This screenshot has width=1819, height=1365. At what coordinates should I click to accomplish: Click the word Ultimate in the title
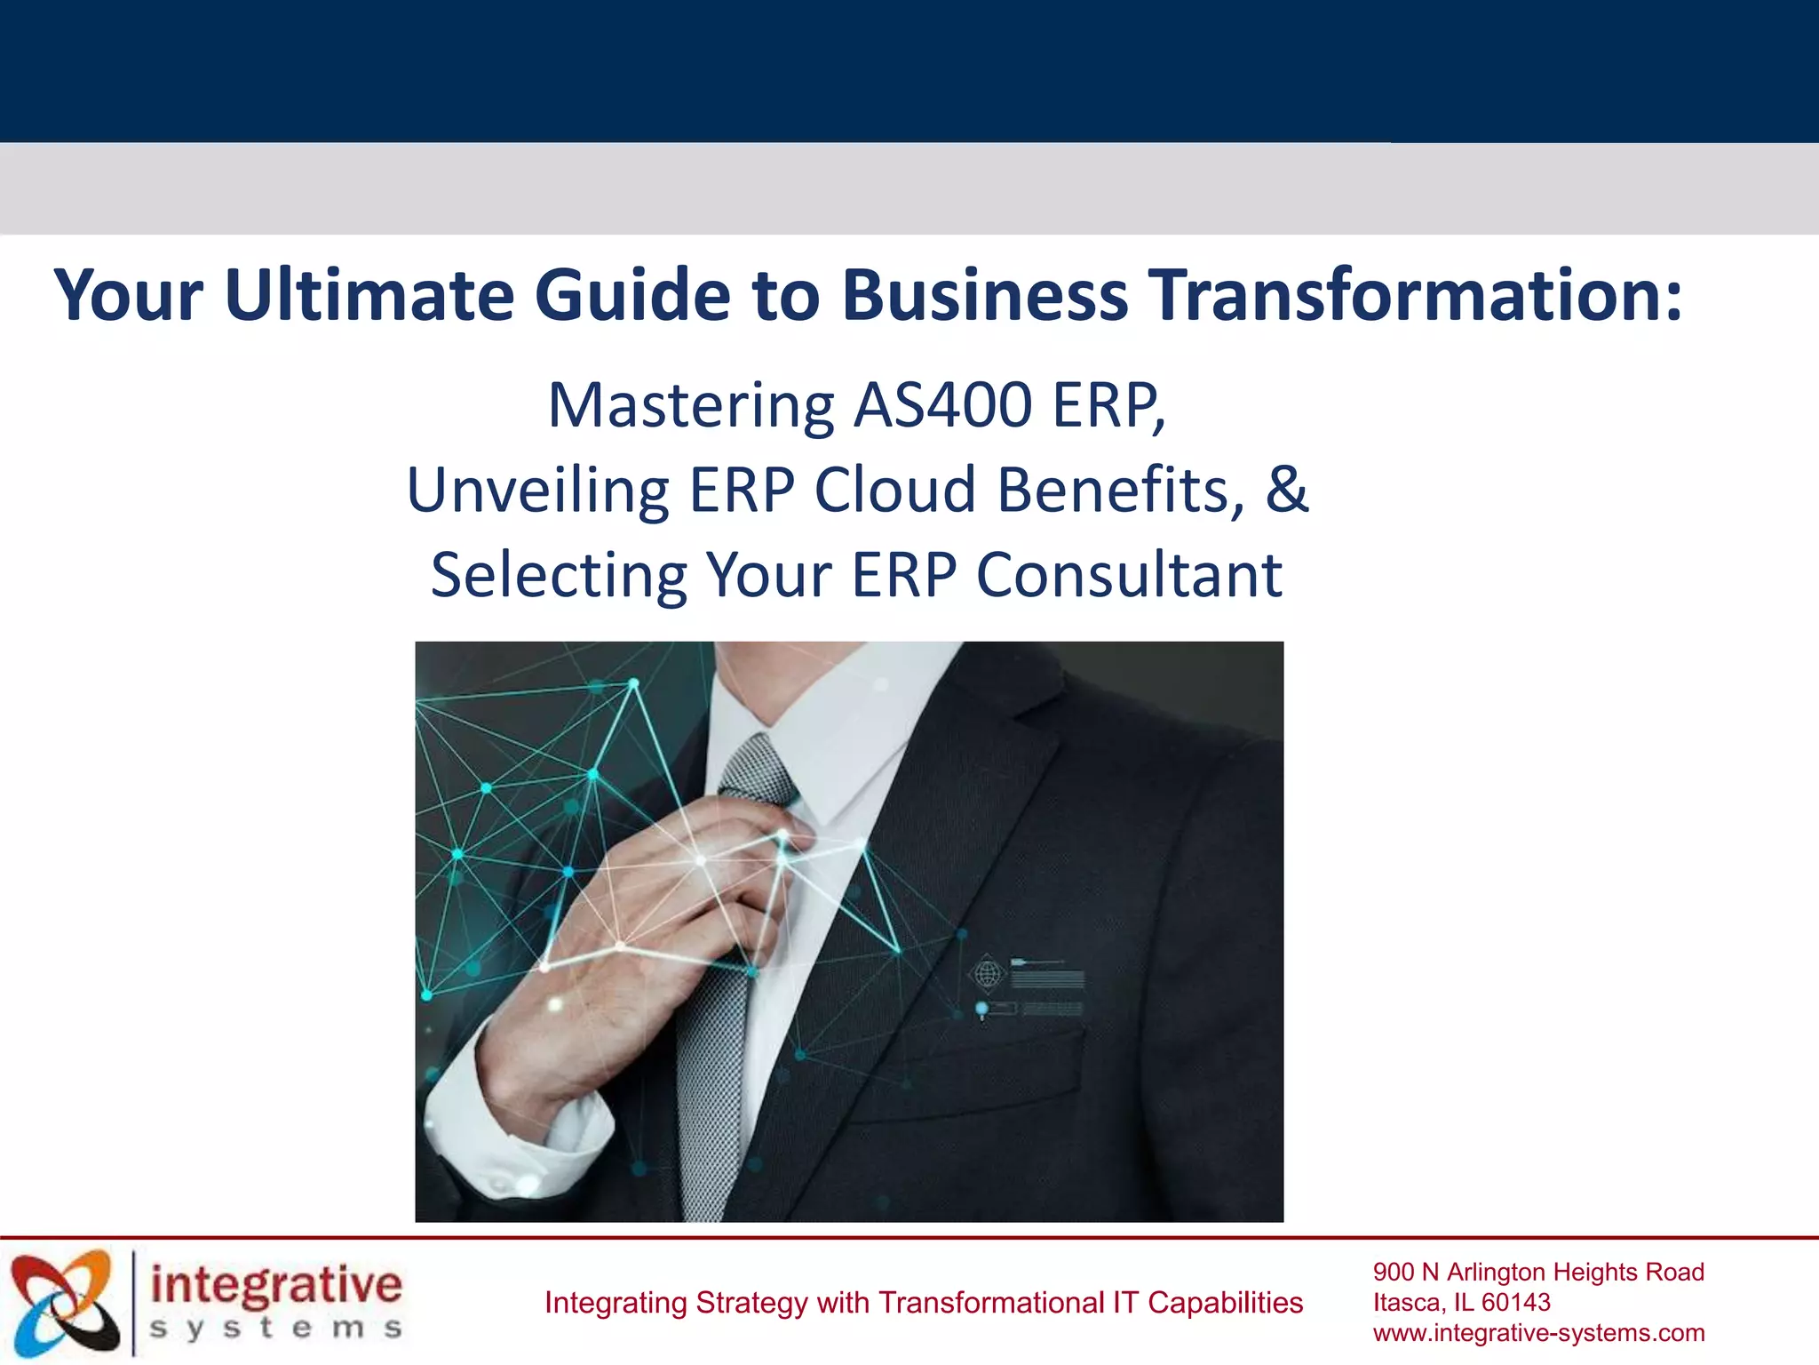pos(369,295)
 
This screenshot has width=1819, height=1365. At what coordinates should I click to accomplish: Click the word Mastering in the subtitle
pos(690,406)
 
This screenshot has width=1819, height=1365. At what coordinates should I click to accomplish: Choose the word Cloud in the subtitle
pos(895,491)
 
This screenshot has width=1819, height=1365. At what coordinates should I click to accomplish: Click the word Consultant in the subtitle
pos(1129,575)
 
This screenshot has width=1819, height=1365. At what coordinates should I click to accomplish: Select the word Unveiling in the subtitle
pos(537,491)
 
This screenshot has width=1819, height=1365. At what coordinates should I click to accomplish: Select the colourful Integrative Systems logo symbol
pos(64,1303)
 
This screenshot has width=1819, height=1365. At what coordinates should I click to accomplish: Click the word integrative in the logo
pos(276,1286)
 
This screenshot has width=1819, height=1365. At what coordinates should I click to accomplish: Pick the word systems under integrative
pos(276,1329)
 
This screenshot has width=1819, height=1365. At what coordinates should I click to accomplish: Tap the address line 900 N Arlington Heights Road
pos(1538,1272)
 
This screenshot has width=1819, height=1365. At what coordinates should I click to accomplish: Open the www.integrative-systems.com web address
pos(1538,1333)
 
